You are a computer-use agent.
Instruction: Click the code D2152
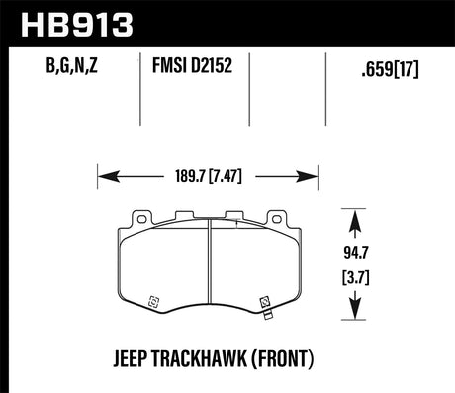point(215,69)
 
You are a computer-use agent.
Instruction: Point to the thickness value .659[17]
point(389,69)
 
